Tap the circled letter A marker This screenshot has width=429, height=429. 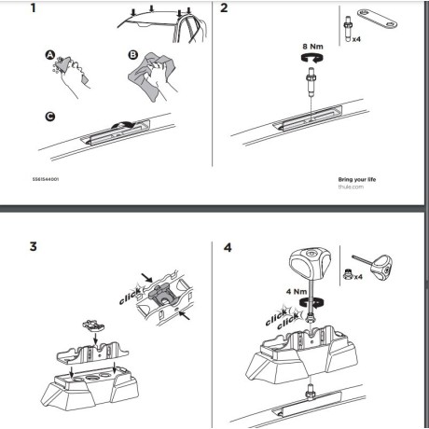[x=52, y=56]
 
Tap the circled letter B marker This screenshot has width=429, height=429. [x=131, y=55]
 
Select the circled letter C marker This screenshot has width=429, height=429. [x=49, y=116]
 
